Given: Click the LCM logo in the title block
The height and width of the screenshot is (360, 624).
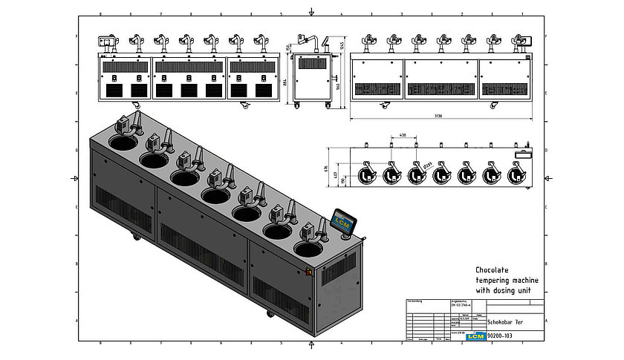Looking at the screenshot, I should [x=475, y=336].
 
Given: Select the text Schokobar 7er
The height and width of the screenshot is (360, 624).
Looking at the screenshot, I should [x=505, y=324].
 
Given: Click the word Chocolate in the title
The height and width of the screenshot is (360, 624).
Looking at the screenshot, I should [x=493, y=269].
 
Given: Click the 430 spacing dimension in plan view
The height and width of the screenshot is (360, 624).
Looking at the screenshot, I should [x=402, y=136].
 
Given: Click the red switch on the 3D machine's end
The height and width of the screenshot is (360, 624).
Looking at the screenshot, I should [x=308, y=272].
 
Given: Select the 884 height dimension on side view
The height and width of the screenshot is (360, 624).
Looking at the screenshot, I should [x=286, y=82].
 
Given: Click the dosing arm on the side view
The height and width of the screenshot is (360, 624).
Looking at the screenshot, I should [x=319, y=42].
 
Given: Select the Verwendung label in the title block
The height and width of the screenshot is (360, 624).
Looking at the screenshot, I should [x=415, y=301].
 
